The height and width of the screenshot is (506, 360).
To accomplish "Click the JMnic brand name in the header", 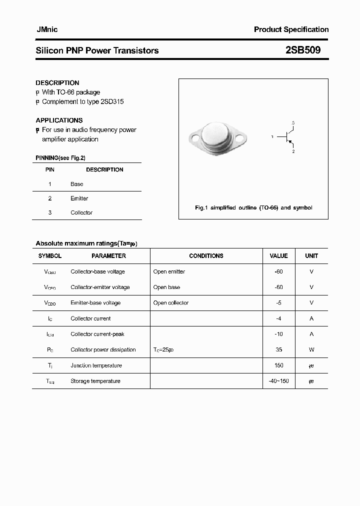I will tap(47, 29).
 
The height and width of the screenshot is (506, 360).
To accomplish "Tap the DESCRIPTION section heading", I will tap(57, 83).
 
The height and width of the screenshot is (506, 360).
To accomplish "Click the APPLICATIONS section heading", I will tap(59, 120).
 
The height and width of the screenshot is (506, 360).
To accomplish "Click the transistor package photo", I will tap(218, 136).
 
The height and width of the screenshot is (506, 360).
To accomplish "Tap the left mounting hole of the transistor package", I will tap(195, 137).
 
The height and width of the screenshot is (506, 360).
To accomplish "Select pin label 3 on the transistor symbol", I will tap(293, 123).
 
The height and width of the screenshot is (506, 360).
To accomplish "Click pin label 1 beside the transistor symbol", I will tap(272, 136).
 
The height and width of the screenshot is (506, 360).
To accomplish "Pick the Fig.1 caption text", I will tap(253, 207).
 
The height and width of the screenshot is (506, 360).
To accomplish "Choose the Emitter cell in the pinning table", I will tap(79, 198).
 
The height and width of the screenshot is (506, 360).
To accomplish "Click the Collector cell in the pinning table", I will tap(81, 212).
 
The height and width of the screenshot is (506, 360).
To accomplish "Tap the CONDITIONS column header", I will tap(206, 256).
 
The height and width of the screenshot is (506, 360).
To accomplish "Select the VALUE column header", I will tap(278, 256).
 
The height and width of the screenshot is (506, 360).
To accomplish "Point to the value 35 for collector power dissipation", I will tap(278, 350).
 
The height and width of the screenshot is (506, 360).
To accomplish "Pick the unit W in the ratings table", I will tap(311, 350).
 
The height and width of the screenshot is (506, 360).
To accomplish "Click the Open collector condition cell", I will tap(171, 303).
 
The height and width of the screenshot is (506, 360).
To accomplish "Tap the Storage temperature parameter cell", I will tap(95, 381).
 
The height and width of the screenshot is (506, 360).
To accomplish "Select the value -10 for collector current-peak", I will tap(278, 334).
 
